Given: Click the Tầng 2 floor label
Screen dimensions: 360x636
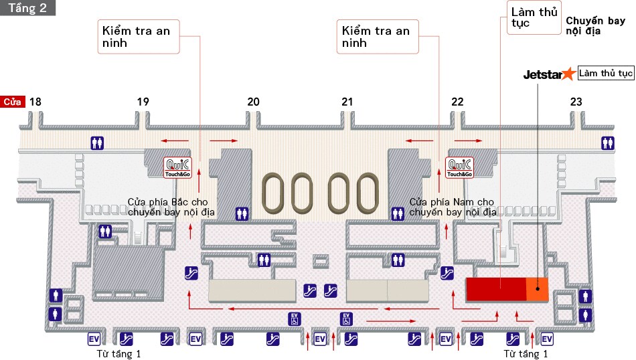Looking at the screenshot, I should click(x=27, y=8).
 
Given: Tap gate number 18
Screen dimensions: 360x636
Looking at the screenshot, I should click(x=35, y=102).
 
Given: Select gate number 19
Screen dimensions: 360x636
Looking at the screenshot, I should click(x=143, y=102).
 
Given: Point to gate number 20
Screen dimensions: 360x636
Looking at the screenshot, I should click(x=253, y=102).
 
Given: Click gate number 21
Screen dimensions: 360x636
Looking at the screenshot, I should click(x=346, y=102).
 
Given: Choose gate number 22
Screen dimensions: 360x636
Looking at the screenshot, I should click(x=457, y=102).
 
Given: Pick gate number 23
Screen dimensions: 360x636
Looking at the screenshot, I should click(x=576, y=102).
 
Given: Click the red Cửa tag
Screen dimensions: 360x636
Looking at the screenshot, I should click(x=13, y=102).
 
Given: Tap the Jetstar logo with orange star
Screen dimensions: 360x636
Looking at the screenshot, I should click(x=549, y=74).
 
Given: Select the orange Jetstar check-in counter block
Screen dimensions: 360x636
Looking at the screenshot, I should click(x=537, y=289).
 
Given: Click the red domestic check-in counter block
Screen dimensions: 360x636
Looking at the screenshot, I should click(x=495, y=289).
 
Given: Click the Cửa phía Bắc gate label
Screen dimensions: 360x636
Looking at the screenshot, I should click(x=168, y=207).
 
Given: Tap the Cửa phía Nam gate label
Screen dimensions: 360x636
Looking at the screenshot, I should click(x=452, y=207).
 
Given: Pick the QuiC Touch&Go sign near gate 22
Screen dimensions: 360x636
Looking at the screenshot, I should click(x=460, y=167).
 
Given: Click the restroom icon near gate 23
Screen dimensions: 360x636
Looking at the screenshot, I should click(x=608, y=142).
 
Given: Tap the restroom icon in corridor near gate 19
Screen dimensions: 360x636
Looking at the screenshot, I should click(x=98, y=142).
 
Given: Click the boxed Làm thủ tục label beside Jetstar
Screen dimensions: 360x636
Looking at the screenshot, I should click(x=606, y=73).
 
